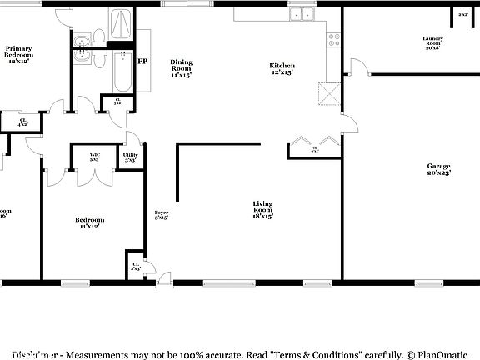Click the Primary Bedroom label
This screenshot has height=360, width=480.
(24, 55)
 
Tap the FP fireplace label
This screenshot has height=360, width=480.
(142, 62)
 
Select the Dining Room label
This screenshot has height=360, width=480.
(181, 69)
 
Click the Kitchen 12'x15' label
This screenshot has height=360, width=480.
(282, 69)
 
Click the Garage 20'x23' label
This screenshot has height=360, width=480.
(438, 169)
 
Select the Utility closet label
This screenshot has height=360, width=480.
(131, 157)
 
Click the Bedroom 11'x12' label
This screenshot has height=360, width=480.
(90, 222)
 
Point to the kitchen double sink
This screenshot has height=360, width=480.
(301, 14)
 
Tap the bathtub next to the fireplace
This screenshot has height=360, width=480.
(122, 70)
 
